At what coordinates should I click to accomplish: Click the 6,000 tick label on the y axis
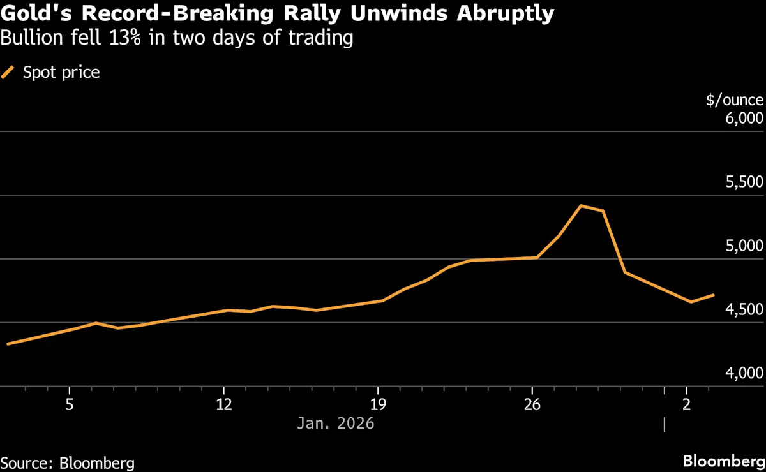coord(744,119)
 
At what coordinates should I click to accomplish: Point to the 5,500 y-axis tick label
coord(744,182)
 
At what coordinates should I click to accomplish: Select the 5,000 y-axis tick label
coord(744,246)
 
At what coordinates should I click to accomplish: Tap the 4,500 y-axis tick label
coord(744,310)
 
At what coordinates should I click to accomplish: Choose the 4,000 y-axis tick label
coord(744,374)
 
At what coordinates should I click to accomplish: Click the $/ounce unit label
coord(734,100)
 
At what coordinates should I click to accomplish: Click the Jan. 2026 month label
coord(336,423)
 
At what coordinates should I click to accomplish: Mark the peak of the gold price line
coord(580,205)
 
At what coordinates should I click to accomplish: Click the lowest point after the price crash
coord(691,302)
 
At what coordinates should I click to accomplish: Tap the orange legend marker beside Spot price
coord(8,73)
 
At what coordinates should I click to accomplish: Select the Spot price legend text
coord(61,73)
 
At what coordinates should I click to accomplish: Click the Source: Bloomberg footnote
coord(68,461)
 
